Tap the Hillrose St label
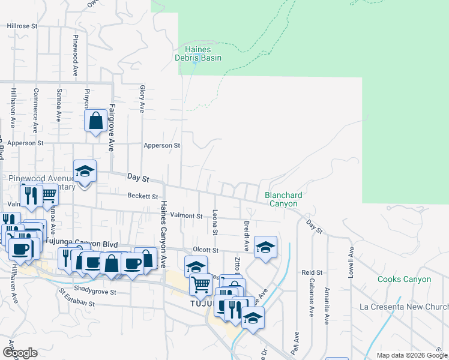(x=22, y=26)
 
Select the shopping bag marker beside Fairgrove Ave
(x=96, y=122)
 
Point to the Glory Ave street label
(x=142, y=98)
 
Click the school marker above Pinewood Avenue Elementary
(x=85, y=172)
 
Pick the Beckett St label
(x=143, y=196)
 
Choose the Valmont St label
(x=187, y=215)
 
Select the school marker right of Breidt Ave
(x=265, y=247)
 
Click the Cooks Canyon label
(x=404, y=280)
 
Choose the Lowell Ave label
(x=351, y=263)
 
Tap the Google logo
(x=20, y=353)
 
